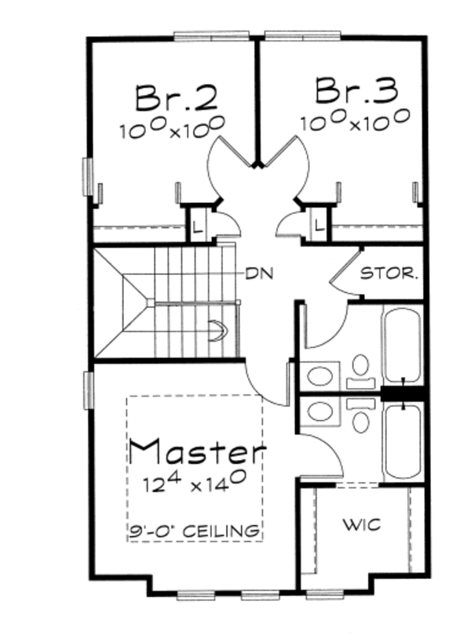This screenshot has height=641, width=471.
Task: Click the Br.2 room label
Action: (x=176, y=97)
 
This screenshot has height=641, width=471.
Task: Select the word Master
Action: (x=197, y=451)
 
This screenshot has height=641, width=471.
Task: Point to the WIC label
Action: (x=362, y=523)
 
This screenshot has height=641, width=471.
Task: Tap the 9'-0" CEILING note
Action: (x=195, y=531)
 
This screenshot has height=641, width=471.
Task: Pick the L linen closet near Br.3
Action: (x=319, y=226)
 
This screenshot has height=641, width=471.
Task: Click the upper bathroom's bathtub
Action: (x=402, y=345)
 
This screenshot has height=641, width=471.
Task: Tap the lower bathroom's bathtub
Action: (x=402, y=443)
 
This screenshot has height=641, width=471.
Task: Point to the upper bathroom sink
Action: (x=319, y=375)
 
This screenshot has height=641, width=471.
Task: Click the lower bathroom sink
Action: (x=319, y=410)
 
